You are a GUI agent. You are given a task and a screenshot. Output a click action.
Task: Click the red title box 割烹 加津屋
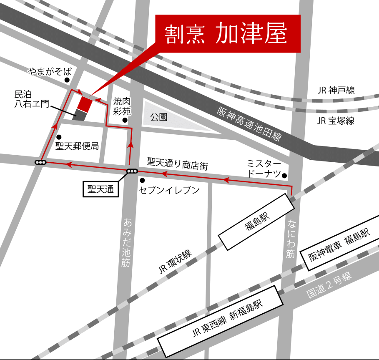tap(228, 35)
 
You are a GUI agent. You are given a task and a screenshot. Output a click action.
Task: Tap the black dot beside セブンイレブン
tap(142, 181)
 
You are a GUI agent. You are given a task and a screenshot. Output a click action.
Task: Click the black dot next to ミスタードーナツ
tap(285, 175)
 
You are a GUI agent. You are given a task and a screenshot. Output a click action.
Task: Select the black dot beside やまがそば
tap(67, 80)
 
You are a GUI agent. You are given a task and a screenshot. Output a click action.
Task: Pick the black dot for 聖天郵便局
tap(59, 137)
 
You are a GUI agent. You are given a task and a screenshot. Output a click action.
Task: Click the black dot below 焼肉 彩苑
tap(124, 121)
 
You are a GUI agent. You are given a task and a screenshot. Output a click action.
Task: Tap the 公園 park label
tap(159, 117)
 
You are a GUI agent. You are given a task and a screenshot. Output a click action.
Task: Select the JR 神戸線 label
tap(336, 90)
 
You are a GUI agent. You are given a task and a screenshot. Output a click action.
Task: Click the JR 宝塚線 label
tap(336, 121)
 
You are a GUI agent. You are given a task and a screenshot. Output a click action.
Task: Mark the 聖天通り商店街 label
tap(178, 162)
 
